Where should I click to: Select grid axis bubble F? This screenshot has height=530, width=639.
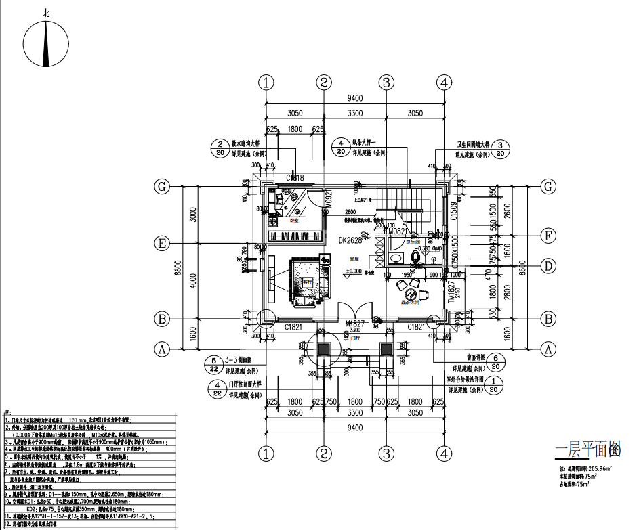click(x=548, y=236)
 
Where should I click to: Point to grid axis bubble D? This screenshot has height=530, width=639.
click(x=548, y=266)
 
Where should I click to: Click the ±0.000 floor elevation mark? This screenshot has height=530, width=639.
click(x=353, y=272)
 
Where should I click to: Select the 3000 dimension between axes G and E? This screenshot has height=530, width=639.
click(x=193, y=215)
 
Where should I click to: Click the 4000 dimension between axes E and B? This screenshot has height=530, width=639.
click(x=193, y=280)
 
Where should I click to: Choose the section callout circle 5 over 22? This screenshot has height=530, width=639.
click(x=213, y=366)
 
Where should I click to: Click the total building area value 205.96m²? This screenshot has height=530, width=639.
click(x=596, y=468)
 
